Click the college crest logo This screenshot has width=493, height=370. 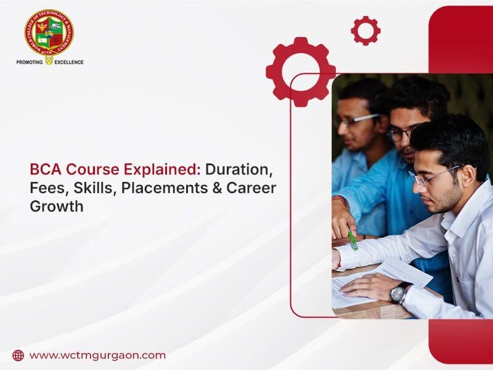pyautogui.click(x=49, y=33)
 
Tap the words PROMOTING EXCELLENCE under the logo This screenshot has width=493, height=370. pyautogui.click(x=50, y=62)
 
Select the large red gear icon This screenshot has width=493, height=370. pyautogui.click(x=300, y=72)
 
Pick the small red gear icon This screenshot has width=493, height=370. pyautogui.click(x=365, y=30)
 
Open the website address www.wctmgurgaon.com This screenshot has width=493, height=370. pyautogui.click(x=97, y=355)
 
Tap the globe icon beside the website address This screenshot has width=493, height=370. pyautogui.click(x=18, y=355)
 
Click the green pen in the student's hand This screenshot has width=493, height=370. pyautogui.click(x=352, y=239)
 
